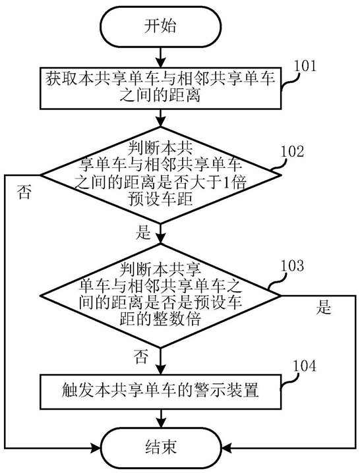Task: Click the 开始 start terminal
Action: point(160,26)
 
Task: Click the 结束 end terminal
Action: point(160,447)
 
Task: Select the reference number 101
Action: point(305,66)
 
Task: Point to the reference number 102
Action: point(292,152)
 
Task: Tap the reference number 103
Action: point(292,265)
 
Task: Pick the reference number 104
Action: point(305,366)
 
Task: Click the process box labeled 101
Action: point(160,88)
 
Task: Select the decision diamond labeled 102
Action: point(160,175)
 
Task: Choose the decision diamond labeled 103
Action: point(160,295)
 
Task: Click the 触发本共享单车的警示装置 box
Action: point(160,391)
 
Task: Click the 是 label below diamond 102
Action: point(143,233)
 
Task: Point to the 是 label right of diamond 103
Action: point(324,308)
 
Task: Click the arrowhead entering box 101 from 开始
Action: point(160,63)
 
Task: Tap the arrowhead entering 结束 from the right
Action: point(225,448)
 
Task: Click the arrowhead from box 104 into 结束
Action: point(160,422)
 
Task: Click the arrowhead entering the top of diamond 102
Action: point(160,121)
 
